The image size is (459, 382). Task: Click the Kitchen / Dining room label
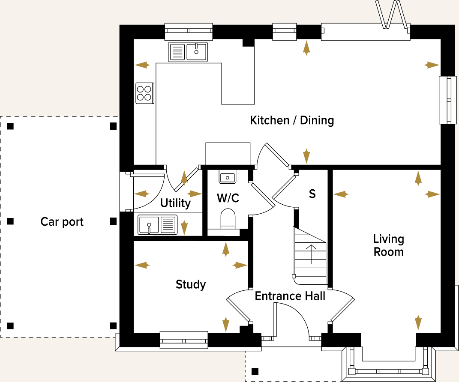click(292, 120)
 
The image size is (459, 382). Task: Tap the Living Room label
click(388, 245)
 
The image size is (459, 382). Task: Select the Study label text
click(191, 284)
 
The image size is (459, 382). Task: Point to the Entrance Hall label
click(290, 296)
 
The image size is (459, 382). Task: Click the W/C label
click(228, 198)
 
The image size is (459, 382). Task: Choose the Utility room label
click(175, 203)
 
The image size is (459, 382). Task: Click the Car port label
click(62, 222)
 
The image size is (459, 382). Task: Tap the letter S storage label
click(312, 194)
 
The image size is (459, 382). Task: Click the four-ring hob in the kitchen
click(144, 93)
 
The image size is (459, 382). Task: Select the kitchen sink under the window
click(188, 52)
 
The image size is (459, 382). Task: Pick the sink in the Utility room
click(157, 225)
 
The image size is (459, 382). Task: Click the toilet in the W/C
click(228, 218)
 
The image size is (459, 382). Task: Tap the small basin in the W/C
click(228, 177)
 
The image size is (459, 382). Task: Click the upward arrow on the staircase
click(311, 254)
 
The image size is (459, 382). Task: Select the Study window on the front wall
click(184, 340)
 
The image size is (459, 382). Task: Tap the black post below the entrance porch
click(255, 372)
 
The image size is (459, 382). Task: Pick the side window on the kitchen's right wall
click(447, 100)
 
